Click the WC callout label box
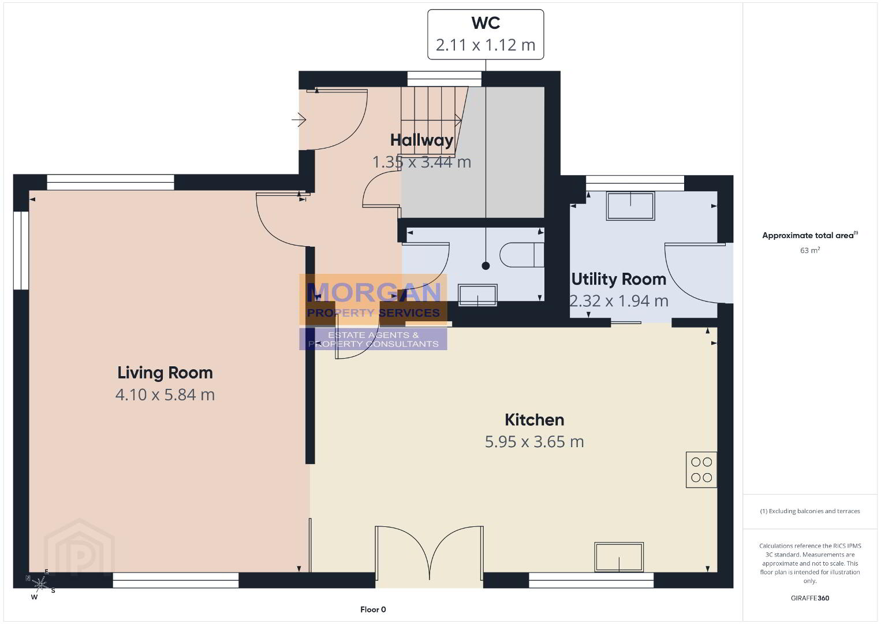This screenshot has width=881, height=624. click(486, 35)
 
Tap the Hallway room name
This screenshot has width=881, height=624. click(421, 140)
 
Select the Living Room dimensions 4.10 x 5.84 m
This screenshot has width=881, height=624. click(165, 395)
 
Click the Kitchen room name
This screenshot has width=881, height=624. click(534, 419)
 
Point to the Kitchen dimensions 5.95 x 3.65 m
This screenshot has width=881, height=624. click(534, 442)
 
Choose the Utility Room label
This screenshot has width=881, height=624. click(619, 279)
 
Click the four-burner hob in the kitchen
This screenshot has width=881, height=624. click(701, 470)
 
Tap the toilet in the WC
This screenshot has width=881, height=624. click(522, 255)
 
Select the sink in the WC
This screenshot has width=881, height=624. click(477, 295)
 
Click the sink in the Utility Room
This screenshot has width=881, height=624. click(630, 206)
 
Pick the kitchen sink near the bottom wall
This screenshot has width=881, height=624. click(619, 556)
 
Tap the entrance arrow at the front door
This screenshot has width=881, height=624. click(299, 119)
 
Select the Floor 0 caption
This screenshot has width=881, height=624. click(373, 610)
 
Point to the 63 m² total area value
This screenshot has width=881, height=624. click(810, 250)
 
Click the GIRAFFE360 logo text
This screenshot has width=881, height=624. click(810, 598)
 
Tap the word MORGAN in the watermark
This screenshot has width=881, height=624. click(374, 292)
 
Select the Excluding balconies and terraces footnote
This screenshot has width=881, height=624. click(810, 511)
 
